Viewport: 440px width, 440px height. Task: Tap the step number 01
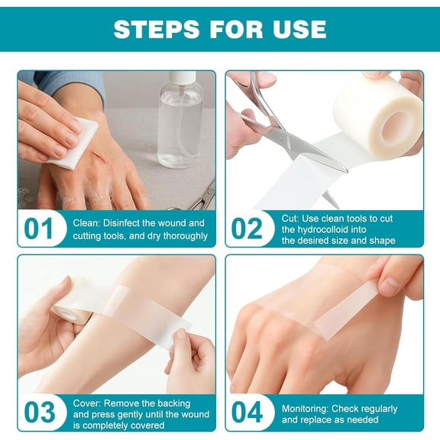pos(40,229)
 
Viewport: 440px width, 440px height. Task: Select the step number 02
pos(248,229)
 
